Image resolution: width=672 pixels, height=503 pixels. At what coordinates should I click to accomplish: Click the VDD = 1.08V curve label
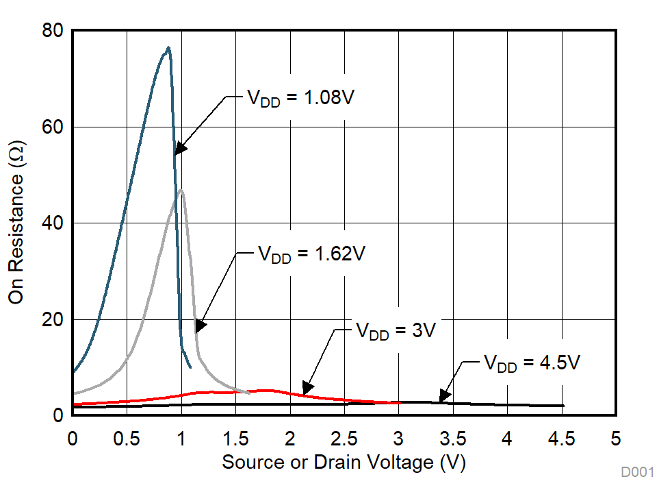point(300,97)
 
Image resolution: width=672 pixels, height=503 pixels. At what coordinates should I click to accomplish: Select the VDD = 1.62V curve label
point(311,254)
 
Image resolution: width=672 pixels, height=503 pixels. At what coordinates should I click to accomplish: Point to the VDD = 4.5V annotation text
point(531,363)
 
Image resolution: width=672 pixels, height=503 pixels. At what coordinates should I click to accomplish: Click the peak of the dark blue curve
point(168,48)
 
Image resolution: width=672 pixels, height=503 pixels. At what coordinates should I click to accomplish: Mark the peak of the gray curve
point(181,191)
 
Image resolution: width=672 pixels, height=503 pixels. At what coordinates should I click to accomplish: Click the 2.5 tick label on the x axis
point(344,439)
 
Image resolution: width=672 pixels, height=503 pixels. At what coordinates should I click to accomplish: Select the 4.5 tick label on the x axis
point(562,439)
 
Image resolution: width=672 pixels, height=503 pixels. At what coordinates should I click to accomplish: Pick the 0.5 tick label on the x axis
point(127,439)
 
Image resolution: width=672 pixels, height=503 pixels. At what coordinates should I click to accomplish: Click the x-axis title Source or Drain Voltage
point(344,463)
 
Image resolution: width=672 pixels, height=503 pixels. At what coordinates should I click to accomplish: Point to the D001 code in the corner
point(638,473)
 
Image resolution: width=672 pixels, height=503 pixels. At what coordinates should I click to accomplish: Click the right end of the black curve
point(563,406)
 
